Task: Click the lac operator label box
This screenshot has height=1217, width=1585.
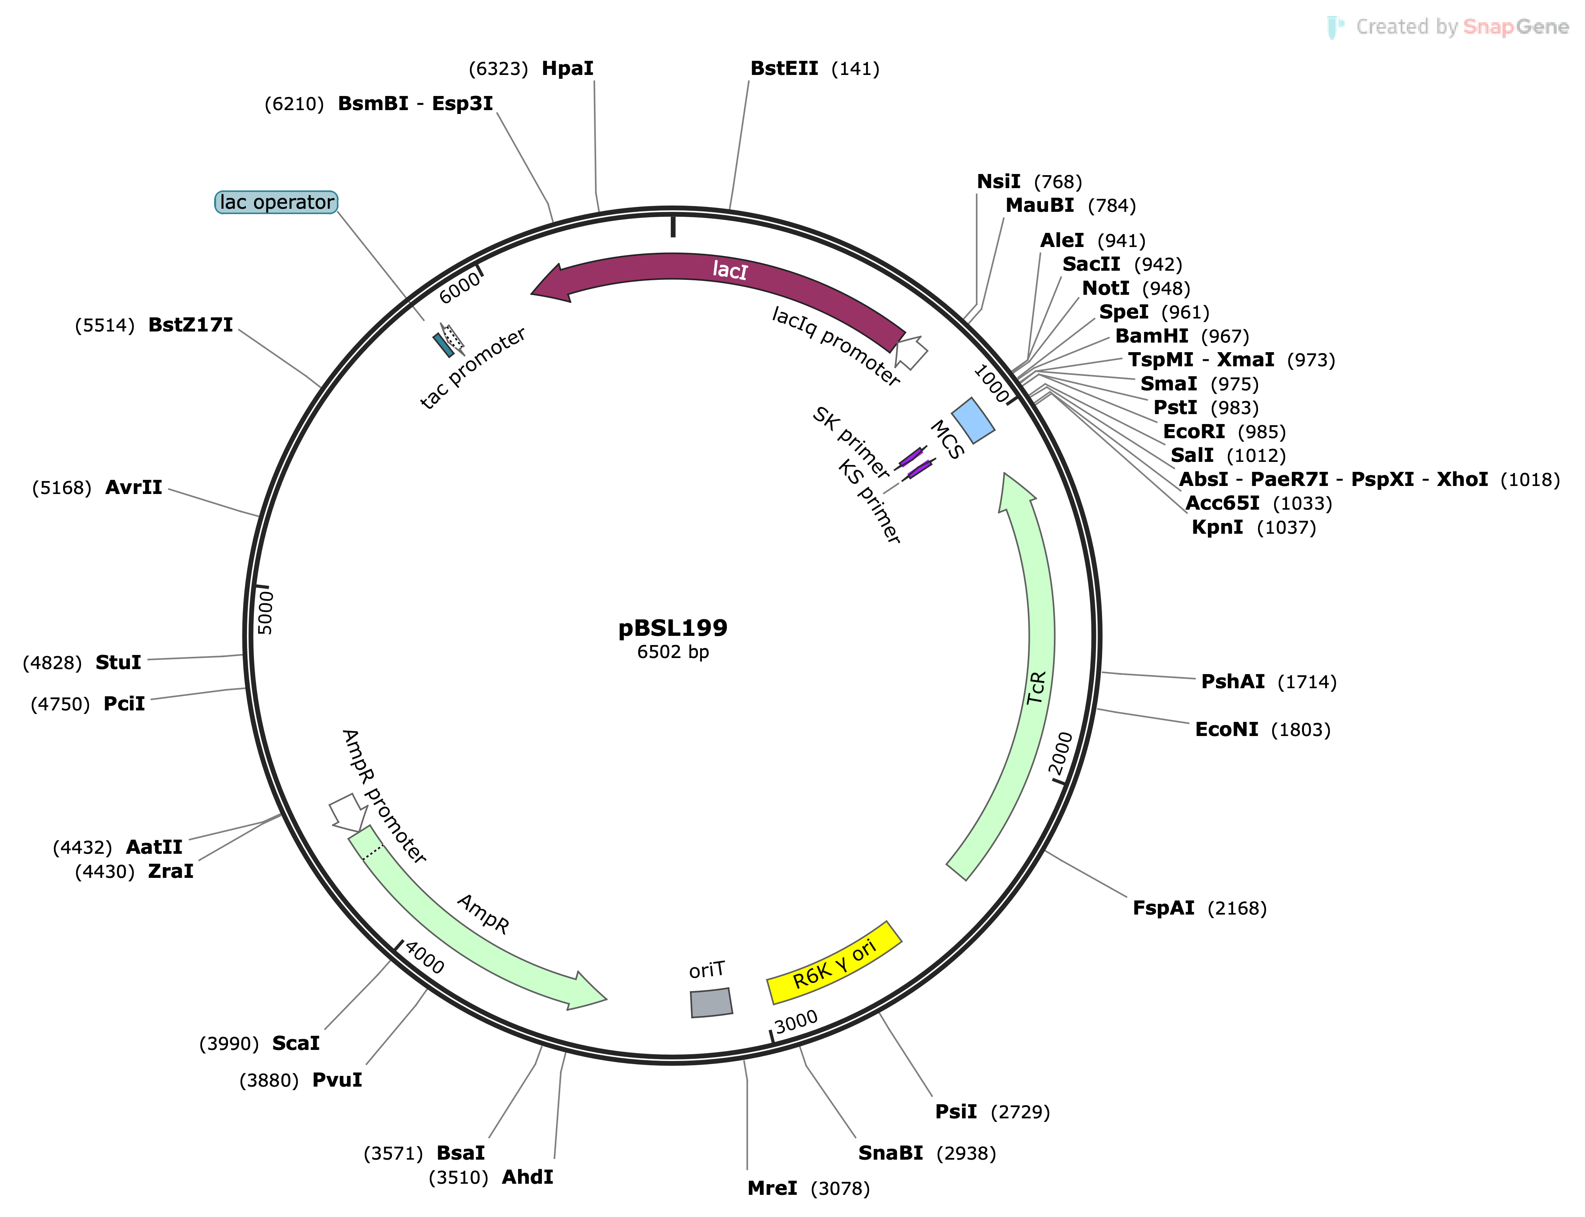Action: pyautogui.click(x=276, y=202)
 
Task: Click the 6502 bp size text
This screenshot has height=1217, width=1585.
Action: pyautogui.click(x=672, y=652)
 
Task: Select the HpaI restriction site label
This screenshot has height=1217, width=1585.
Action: pyautogui.click(x=567, y=69)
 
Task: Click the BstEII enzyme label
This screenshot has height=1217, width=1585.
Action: pyautogui.click(x=784, y=69)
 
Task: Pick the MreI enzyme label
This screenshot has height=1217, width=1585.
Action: pyautogui.click(x=772, y=1188)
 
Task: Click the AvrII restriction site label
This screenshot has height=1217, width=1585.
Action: pyautogui.click(x=134, y=487)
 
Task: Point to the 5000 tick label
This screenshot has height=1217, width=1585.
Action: pyautogui.click(x=266, y=612)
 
